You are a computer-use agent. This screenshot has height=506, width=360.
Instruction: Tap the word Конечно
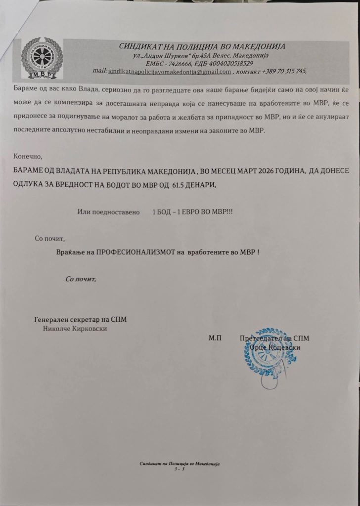29,156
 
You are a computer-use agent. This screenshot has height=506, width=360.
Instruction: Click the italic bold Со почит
82,278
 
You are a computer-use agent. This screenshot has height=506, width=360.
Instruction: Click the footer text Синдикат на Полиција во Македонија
179,464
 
